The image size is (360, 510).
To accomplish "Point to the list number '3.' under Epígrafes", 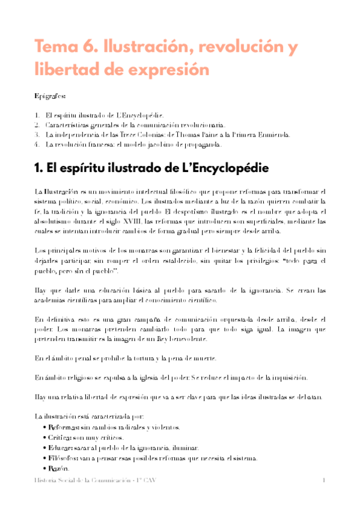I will [37, 135].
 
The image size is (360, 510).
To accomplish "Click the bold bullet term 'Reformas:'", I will [66, 427].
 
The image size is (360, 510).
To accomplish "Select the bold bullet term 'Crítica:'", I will [63, 437].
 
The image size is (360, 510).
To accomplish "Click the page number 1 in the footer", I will [323, 481].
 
